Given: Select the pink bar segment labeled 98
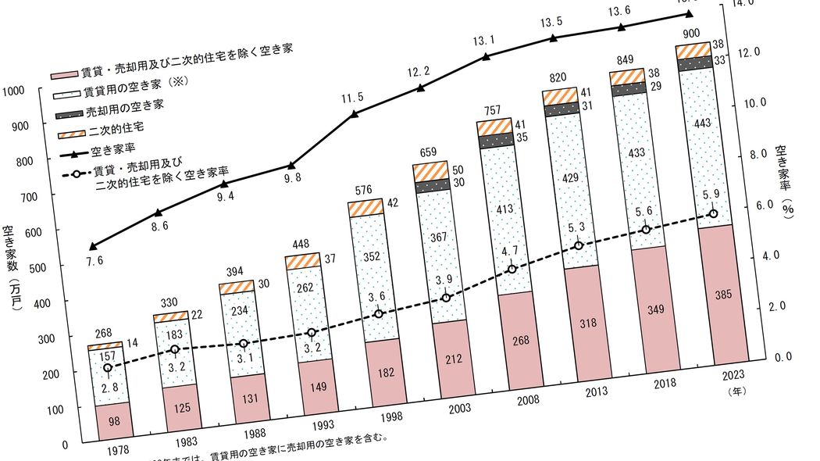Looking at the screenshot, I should tap(114, 421).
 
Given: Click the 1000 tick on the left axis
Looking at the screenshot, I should tap(15, 91).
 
